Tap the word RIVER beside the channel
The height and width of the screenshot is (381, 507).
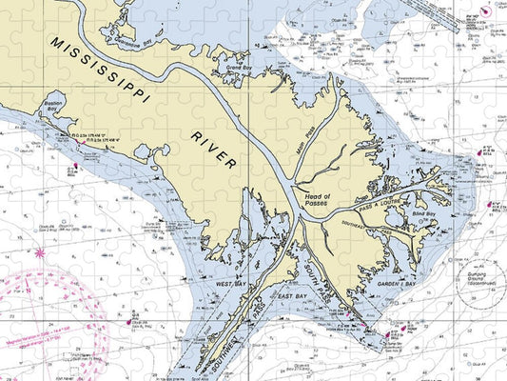coord(215,149)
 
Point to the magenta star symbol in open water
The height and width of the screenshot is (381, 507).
coord(39,253)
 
